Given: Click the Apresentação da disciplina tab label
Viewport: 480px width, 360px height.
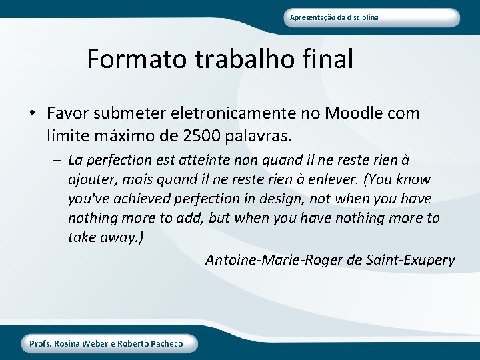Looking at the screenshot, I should pyautogui.click(x=334, y=17).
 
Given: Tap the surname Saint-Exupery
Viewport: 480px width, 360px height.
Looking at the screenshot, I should pyautogui.click(x=411, y=259).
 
